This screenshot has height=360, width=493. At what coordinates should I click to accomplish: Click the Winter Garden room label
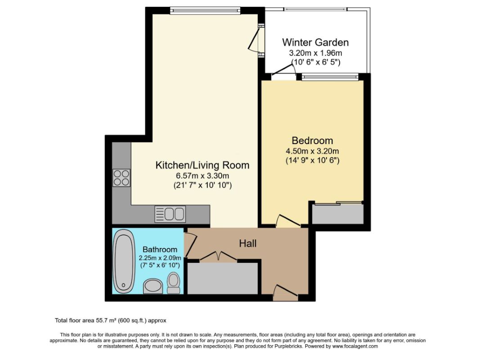pos(315,42)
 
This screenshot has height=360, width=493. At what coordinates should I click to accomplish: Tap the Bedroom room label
pos(312,140)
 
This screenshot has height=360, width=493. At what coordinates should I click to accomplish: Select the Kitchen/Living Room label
pos(202,165)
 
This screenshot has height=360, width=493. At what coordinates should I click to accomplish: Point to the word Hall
pos(248,243)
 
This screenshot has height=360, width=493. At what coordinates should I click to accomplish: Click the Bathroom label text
pos(160,249)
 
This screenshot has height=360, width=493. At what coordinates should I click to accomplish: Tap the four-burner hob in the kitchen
pos(121,178)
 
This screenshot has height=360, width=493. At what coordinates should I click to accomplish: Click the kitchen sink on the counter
pos(170,214)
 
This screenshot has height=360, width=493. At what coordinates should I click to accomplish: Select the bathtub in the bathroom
pos(124,261)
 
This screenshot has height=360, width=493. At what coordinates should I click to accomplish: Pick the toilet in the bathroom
pos(174,283)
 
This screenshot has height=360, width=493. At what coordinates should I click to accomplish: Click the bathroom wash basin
pos(153,286)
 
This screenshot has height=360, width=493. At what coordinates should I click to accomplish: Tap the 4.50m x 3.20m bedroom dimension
pos(312,151)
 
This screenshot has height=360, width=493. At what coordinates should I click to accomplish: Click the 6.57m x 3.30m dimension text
pos(202,175)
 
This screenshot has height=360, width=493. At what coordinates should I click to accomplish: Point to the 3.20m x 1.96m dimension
pos(315,53)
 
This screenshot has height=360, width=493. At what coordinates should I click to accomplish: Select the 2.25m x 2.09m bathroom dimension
pos(160,258)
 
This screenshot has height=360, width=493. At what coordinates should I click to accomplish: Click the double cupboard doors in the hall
pos(218,256)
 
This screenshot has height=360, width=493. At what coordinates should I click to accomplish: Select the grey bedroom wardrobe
pos(338,214)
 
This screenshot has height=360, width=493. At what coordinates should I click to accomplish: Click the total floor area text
pos(110,321)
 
